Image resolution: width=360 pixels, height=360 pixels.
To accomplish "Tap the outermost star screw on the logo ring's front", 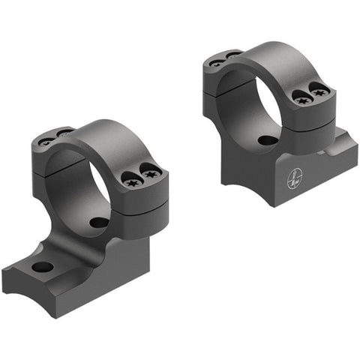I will click(x=321, y=93).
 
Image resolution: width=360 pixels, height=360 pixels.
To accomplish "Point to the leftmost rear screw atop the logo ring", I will click(x=216, y=63).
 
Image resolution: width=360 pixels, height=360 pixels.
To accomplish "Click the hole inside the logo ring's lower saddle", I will click(x=265, y=140).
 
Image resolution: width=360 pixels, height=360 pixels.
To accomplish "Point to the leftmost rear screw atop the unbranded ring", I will click(x=46, y=140).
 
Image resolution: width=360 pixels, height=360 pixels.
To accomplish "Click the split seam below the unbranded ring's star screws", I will click(x=142, y=196).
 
